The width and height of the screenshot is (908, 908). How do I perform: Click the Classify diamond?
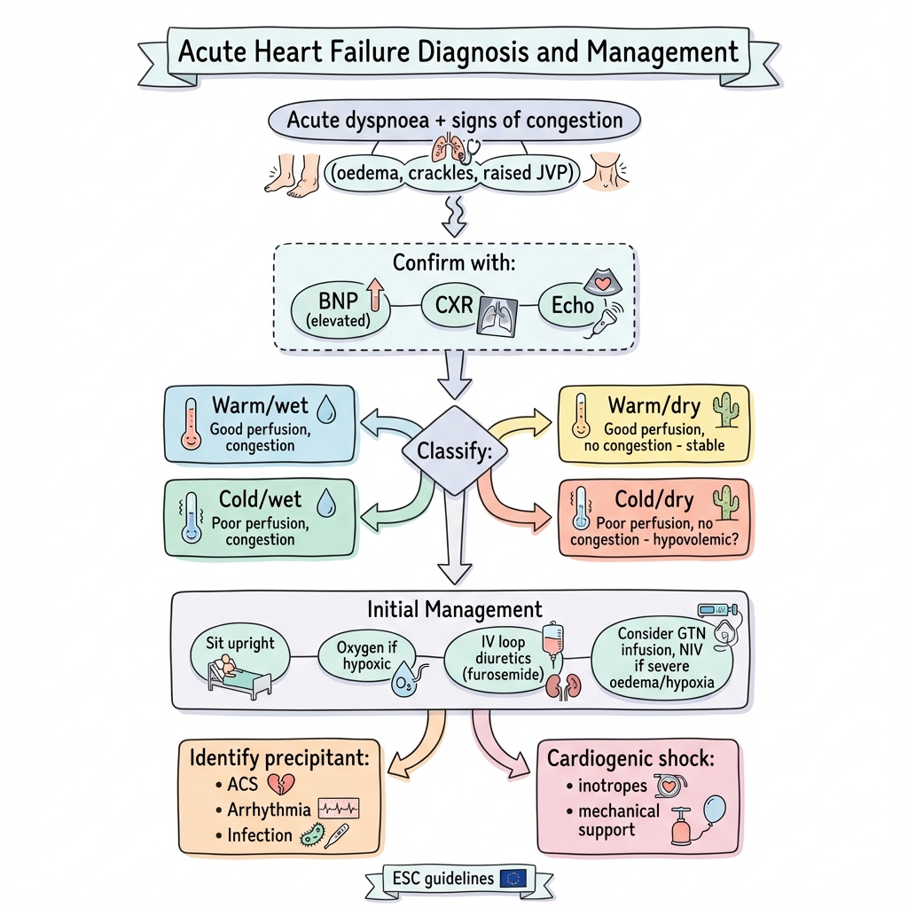pos(454,450)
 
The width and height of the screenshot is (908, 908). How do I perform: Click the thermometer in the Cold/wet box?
pos(189,519)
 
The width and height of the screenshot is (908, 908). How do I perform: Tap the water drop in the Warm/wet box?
pos(326,409)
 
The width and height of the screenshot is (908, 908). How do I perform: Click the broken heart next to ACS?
pos(281,783)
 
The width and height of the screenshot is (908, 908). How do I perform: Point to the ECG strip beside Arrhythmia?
pos(339,809)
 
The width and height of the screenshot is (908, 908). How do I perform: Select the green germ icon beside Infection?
pos(312,834)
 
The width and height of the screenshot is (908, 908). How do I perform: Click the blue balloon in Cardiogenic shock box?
pos(714,812)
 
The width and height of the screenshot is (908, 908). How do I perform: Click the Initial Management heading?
pos(454,610)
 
